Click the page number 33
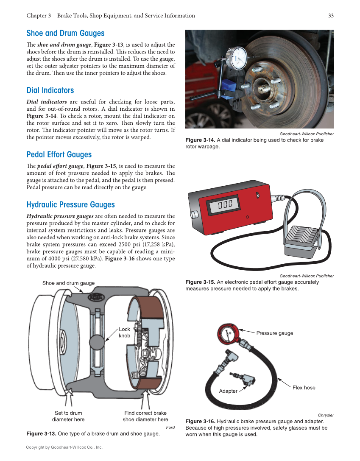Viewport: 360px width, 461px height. click(331, 16)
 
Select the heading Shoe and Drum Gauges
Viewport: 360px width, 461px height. click(65, 33)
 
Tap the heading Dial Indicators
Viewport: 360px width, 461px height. click(50, 90)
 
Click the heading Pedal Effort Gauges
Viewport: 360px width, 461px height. click(59, 154)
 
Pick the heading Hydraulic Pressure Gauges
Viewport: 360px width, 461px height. click(70, 204)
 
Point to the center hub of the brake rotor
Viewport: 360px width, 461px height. click(266, 87)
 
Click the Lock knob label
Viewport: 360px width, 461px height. click(124, 332)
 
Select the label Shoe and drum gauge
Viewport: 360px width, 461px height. click(68, 283)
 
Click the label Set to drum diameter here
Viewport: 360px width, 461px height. click(68, 416)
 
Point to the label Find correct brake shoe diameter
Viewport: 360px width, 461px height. click(145, 416)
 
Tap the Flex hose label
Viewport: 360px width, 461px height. click(304, 388)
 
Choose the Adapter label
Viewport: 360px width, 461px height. click(228, 391)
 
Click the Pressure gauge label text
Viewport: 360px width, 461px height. click(274, 333)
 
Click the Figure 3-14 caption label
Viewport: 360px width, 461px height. click(200, 140)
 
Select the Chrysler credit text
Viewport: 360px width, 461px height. click(326, 415)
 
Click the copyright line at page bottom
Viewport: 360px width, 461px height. click(64, 447)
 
